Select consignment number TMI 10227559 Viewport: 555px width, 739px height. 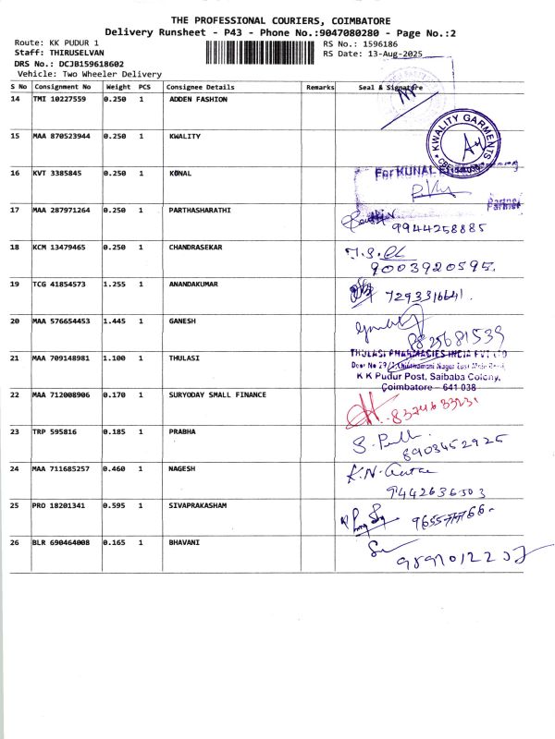pyautogui.click(x=59, y=99)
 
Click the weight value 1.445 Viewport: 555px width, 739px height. pyautogui.click(x=116, y=321)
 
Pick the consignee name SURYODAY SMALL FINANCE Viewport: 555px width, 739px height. pyautogui.click(x=217, y=394)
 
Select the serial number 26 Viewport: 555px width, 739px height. pyautogui.click(x=15, y=542)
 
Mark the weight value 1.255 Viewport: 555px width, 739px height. pyautogui.click(x=116, y=284)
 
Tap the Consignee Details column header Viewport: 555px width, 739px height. pyautogui.click(x=201, y=87)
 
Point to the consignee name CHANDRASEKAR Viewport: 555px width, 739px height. pyautogui.click(x=196, y=247)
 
